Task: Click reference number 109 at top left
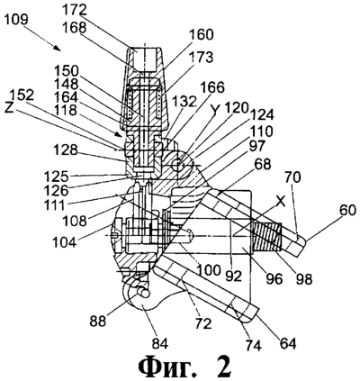tap(16, 20)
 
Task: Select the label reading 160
tap(202, 35)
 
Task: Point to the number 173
tap(202, 58)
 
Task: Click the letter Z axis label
tap(9, 108)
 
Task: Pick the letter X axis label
tap(281, 203)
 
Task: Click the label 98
tap(304, 278)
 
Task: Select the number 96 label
tap(274, 278)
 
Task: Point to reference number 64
tap(288, 343)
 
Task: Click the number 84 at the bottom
tap(160, 343)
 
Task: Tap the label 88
tap(97, 322)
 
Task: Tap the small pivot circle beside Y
tap(176, 164)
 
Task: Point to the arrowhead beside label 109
tap(58, 47)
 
